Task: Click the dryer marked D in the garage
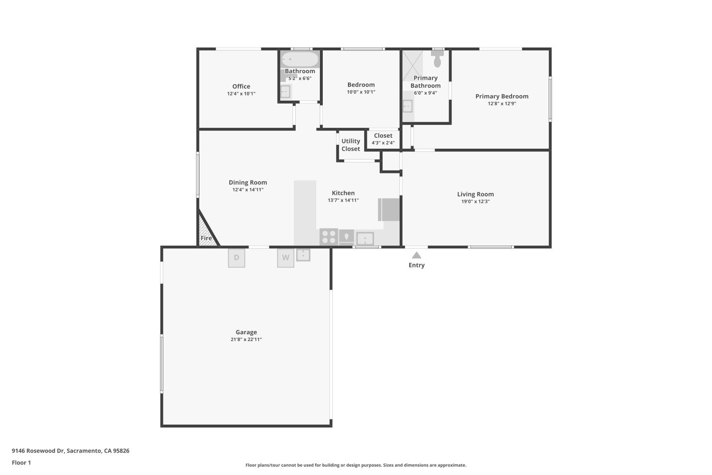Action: point(236,258)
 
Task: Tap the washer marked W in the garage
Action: point(285,258)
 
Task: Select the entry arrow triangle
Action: point(416,255)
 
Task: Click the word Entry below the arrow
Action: point(416,265)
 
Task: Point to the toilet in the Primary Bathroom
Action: point(437,60)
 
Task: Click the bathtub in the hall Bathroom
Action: point(300,59)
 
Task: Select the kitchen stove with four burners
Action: point(328,236)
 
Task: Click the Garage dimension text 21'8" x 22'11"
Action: point(246,339)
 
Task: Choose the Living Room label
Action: point(475,194)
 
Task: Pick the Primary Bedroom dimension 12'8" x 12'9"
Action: point(502,104)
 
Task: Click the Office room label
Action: point(241,86)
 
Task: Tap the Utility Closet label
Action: point(351,145)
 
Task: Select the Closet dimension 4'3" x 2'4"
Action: point(383,142)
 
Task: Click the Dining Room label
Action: point(248,182)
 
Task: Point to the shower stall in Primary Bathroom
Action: point(412,66)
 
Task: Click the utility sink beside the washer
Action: point(303,255)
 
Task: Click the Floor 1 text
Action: point(21,462)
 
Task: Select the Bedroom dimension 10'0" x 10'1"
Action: point(361,92)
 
